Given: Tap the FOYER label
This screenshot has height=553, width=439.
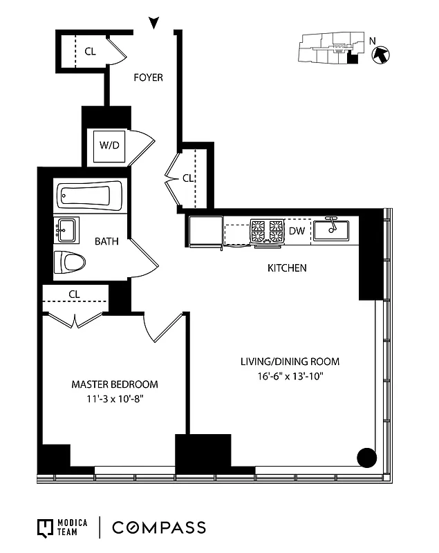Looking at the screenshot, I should [148, 77].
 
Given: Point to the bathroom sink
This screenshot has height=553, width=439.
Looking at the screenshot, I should [66, 229].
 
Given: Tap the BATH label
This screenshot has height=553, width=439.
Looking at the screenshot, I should [106, 242].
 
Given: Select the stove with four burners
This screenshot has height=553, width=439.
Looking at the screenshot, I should [268, 232].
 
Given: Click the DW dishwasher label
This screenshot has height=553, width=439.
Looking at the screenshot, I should [297, 231].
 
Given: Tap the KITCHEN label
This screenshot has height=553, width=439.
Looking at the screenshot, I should [287, 268].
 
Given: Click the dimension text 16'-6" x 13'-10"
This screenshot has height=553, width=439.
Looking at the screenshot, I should [290, 376].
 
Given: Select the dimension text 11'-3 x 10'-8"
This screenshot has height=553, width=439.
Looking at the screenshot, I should [115, 399].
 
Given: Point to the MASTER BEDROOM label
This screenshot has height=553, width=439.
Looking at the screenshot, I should [115, 384].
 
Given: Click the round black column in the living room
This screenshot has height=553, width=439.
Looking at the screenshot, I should [366, 457].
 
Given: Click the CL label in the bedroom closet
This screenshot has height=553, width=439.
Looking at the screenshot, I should [75, 294].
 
